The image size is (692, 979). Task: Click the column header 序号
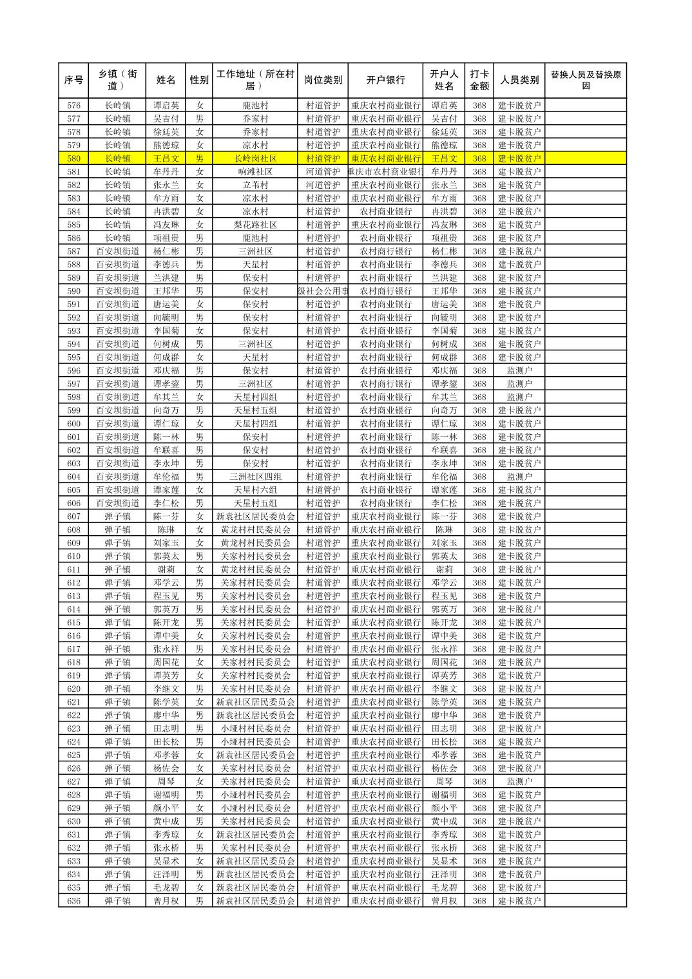pos(74,81)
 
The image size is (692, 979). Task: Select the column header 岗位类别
pos(323,81)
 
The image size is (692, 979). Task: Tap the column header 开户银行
pos(385,81)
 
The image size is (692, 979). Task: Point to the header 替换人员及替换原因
pos(585,80)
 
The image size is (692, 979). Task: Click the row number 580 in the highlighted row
pos(74,158)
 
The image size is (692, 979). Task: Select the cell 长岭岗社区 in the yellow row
pos(255,158)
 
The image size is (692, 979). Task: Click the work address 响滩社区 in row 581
pos(255,172)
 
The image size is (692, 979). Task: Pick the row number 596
pos(74,371)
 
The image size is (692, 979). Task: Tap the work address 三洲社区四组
pos(255,477)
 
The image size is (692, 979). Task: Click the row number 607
pos(74,517)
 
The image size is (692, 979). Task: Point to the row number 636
pos(74,901)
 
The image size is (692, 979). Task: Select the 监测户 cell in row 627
pos(519,782)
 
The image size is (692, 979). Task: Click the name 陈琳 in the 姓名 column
pos(166,530)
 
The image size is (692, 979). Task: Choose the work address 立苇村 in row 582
pos(255,185)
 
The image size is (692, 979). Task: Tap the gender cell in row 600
pos(200,424)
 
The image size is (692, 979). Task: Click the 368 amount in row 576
pos(479,106)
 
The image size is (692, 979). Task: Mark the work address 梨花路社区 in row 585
pos(255,225)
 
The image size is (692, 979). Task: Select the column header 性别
pos(200,81)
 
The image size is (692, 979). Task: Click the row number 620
pos(74,689)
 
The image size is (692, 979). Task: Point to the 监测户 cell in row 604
pos(519,477)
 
